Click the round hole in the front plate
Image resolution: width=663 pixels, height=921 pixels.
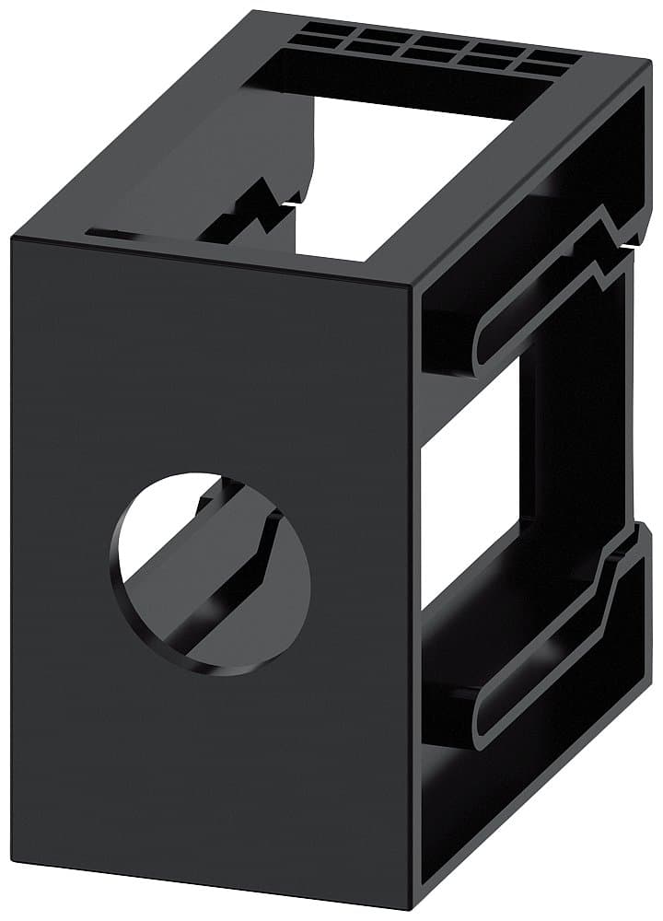210,573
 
